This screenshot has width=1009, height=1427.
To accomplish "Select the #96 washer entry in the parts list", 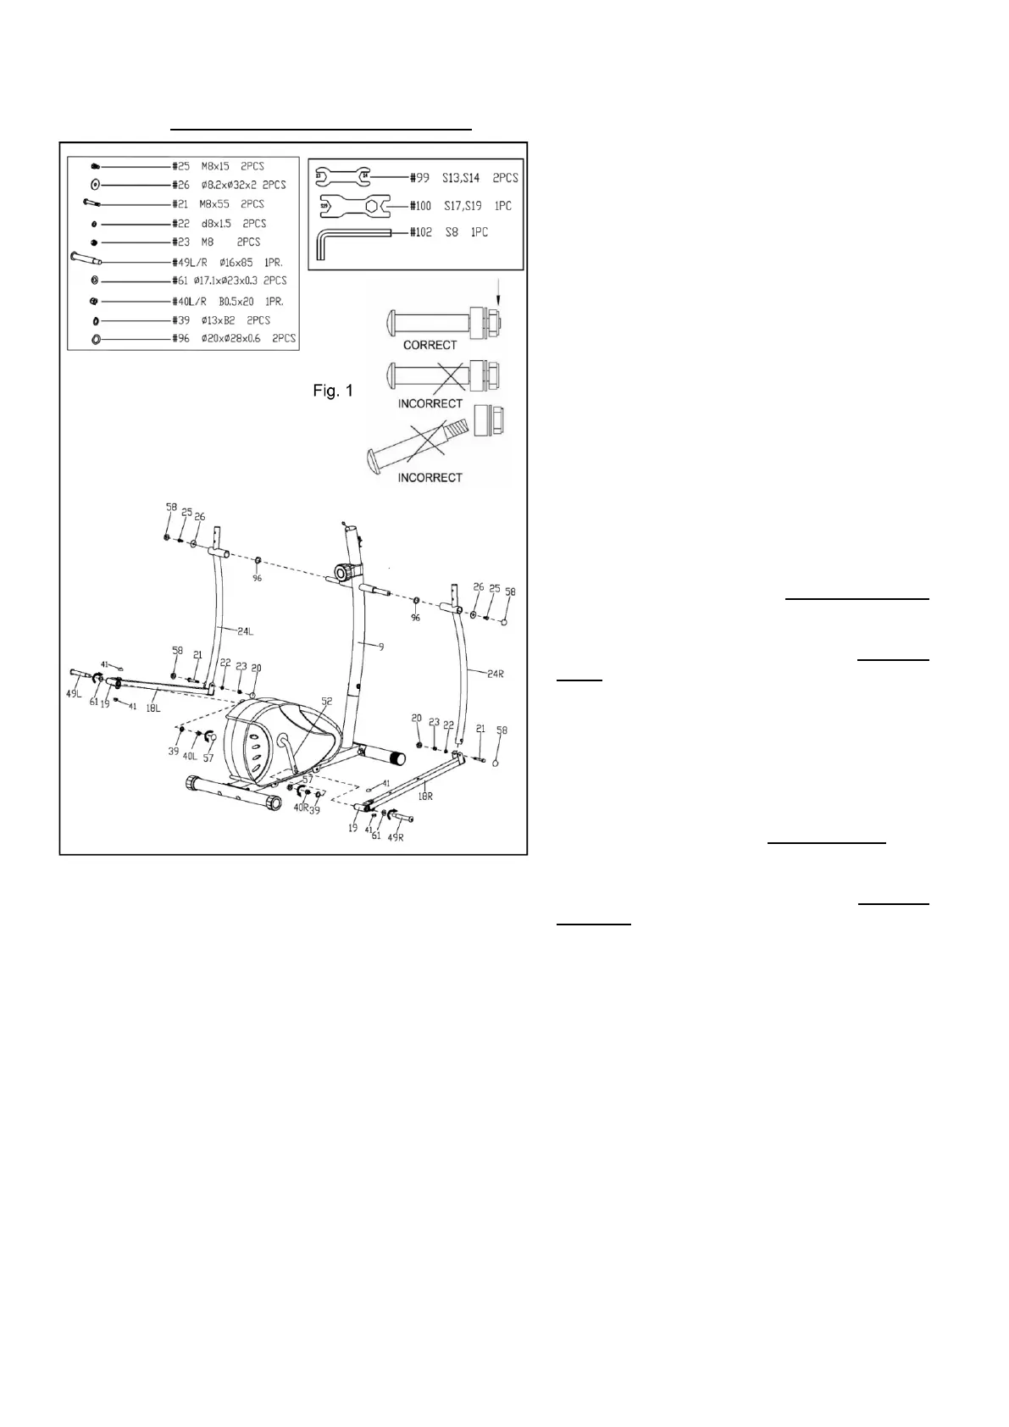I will pyautogui.click(x=233, y=338).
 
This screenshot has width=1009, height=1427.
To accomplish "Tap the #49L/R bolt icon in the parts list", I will pyautogui.click(x=86, y=260).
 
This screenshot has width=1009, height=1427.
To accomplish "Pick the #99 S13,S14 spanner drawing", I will pyautogui.click(x=342, y=177).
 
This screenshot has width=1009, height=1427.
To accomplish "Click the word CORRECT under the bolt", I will pyautogui.click(x=430, y=345).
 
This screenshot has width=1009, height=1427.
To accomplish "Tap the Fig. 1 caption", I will pyautogui.click(x=332, y=391).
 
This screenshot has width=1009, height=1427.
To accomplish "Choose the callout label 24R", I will pyautogui.click(x=496, y=675).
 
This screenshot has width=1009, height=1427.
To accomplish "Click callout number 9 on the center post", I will pyautogui.click(x=381, y=647).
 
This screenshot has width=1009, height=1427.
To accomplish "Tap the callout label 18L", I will pyautogui.click(x=153, y=708).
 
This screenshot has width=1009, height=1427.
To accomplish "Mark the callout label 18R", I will pyautogui.click(x=425, y=797).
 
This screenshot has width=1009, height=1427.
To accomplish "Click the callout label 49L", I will pyautogui.click(x=74, y=695).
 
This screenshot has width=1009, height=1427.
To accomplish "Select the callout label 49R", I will pyautogui.click(x=395, y=837).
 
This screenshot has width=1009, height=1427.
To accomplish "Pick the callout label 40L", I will pyautogui.click(x=189, y=757).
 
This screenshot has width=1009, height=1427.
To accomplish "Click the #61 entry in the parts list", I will pyautogui.click(x=229, y=280).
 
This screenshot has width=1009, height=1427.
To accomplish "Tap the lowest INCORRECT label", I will pyautogui.click(x=430, y=478).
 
